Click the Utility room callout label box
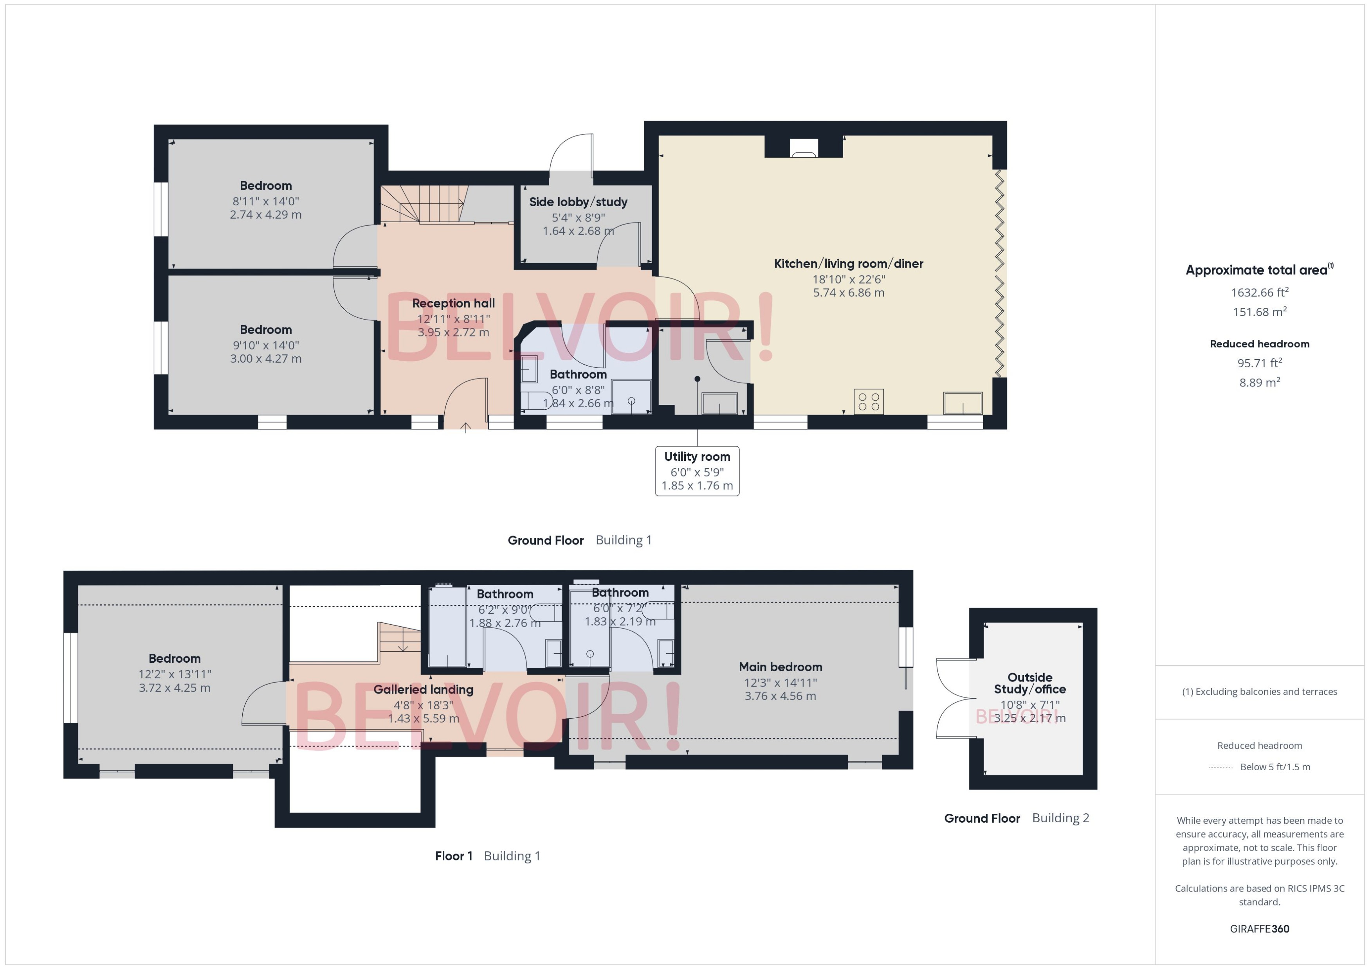[697, 471]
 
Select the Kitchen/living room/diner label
[848, 264]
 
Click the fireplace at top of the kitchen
[804, 147]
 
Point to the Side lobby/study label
[577, 202]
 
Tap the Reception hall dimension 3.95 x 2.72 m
[453, 333]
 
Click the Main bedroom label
[780, 667]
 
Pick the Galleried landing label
[423, 690]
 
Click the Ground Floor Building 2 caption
[1016, 818]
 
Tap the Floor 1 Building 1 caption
[487, 856]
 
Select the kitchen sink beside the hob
[962, 403]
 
